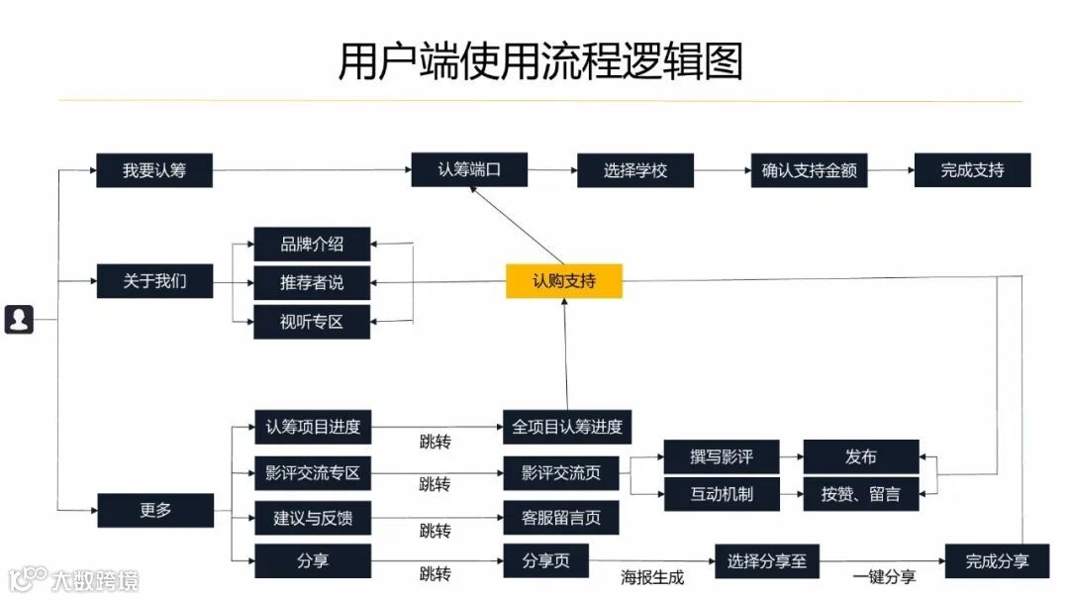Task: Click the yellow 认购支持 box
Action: click(564, 281)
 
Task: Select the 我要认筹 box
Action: click(154, 170)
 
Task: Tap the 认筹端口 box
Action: click(469, 169)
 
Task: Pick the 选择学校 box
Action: click(635, 170)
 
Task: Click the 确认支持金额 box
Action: click(809, 170)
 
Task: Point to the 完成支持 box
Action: click(972, 170)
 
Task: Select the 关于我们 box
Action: click(154, 281)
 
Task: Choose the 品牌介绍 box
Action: click(312, 244)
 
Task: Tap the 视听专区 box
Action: click(312, 322)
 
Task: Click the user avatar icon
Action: click(19, 319)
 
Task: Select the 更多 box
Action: click(155, 510)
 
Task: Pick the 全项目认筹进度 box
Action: click(566, 427)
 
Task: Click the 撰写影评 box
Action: click(721, 456)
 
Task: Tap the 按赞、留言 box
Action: click(860, 493)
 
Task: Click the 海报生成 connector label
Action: click(652, 577)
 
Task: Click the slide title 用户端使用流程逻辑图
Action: click(539, 60)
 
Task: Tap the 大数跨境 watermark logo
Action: click(73, 578)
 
